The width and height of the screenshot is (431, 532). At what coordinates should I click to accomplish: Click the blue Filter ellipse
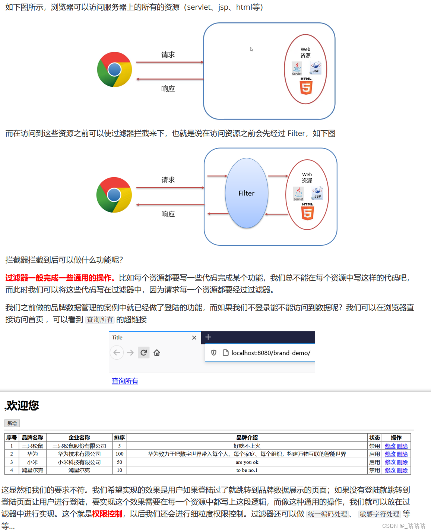[246, 193]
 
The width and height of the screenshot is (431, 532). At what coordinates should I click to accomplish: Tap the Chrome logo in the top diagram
[114, 69]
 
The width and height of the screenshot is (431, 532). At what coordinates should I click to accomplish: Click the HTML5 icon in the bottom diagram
[307, 213]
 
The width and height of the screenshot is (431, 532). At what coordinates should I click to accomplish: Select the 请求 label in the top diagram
[168, 55]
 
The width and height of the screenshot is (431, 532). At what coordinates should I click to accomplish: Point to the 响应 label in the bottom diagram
[168, 214]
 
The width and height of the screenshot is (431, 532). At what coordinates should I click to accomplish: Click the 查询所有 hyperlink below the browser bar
[125, 381]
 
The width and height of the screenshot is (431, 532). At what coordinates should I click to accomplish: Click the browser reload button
[143, 353]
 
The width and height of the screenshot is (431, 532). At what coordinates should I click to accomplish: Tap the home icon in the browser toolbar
[157, 353]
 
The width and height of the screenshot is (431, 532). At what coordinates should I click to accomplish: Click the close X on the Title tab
[194, 338]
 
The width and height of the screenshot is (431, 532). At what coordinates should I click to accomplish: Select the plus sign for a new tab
[208, 337]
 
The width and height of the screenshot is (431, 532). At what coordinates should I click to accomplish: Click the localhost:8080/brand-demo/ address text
[270, 353]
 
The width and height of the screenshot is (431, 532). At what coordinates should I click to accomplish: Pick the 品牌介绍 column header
[247, 437]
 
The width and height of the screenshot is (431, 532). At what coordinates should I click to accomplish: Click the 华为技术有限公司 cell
[79, 454]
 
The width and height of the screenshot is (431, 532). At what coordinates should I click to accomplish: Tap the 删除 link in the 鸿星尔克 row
[402, 470]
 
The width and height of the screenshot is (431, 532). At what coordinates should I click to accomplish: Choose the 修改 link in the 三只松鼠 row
[390, 446]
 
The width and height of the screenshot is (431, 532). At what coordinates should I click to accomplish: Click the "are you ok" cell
[247, 462]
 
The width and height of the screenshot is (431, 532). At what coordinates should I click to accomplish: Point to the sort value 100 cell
[119, 454]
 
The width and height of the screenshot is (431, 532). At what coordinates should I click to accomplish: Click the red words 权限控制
[107, 514]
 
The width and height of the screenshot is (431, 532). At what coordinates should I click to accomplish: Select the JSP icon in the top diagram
[316, 68]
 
